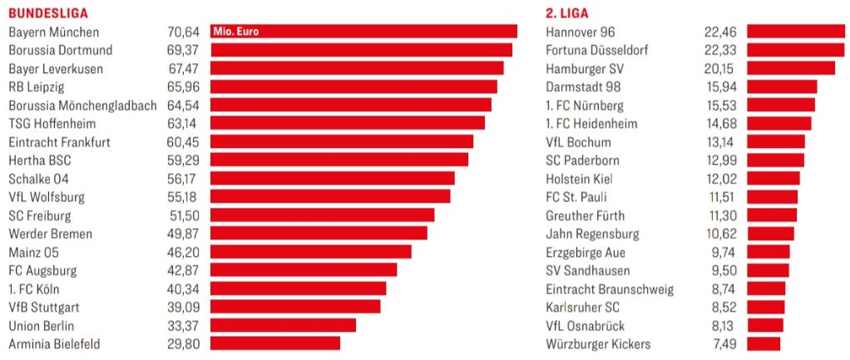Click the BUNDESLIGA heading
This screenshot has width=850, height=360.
click(48, 13)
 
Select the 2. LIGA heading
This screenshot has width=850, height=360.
click(566, 13)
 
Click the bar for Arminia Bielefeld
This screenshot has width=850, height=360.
click(274, 343)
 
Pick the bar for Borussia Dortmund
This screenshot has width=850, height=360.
click(361, 50)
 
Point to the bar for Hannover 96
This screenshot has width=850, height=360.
click(795, 32)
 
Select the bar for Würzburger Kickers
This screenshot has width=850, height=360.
click(764, 343)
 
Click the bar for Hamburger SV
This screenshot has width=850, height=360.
click(790, 68)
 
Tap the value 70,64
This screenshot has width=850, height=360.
click(183, 32)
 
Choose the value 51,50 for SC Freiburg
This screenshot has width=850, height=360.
click(185, 215)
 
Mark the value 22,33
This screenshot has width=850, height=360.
click(720, 51)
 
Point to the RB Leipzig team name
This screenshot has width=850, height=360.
click(37, 87)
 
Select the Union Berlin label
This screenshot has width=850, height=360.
click(42, 325)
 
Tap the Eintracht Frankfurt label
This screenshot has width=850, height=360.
click(59, 142)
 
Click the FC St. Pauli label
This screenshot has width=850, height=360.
click(576, 197)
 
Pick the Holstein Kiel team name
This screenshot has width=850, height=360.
click(578, 179)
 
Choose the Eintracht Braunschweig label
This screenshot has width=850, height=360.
click(610, 288)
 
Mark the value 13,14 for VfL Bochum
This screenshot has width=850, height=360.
click(720, 142)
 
